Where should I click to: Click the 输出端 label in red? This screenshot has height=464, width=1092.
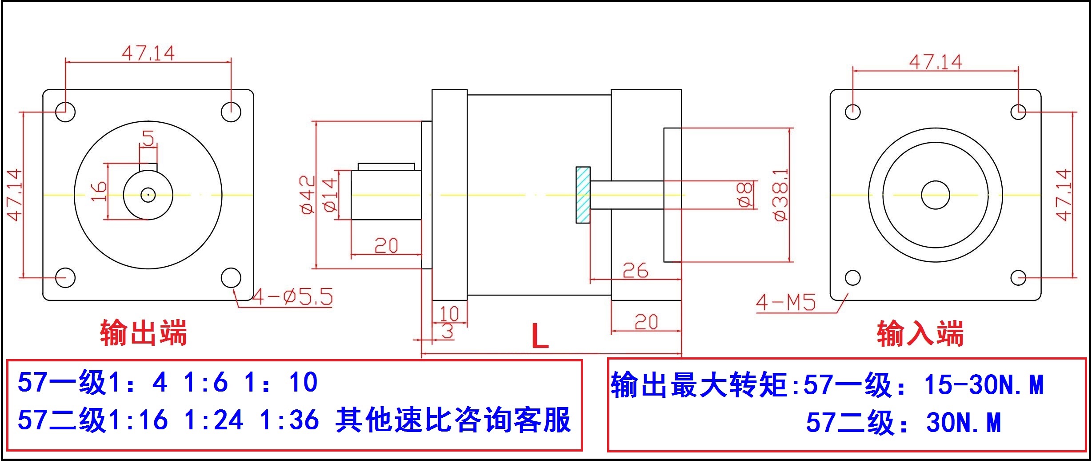[x=143, y=332]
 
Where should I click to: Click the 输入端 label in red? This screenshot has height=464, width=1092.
[x=920, y=333]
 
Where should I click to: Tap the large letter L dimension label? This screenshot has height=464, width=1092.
[x=540, y=336]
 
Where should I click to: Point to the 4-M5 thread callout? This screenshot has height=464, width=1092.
[x=786, y=303]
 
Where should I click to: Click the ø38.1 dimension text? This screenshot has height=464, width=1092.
[x=780, y=195]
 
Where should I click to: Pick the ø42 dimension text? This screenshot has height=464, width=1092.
[x=308, y=195]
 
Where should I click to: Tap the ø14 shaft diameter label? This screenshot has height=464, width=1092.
[x=329, y=195]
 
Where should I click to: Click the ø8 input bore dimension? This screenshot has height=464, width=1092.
[x=745, y=195]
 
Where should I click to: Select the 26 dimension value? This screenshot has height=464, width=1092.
[x=635, y=270]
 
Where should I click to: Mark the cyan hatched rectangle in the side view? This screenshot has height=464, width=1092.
[x=583, y=195]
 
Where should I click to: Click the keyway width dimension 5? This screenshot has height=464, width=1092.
[x=148, y=138]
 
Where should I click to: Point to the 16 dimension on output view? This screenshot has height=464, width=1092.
[x=99, y=191]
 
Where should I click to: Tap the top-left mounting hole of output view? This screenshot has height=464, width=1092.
[x=65, y=111]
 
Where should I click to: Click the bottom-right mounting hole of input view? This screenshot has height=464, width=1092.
[x=1018, y=278]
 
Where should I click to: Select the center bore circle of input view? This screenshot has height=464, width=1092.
[x=936, y=195]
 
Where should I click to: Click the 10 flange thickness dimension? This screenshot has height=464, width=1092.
[x=449, y=314]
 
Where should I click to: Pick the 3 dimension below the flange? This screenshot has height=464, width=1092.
[x=447, y=331]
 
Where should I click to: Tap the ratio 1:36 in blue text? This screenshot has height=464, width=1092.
[x=289, y=420]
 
